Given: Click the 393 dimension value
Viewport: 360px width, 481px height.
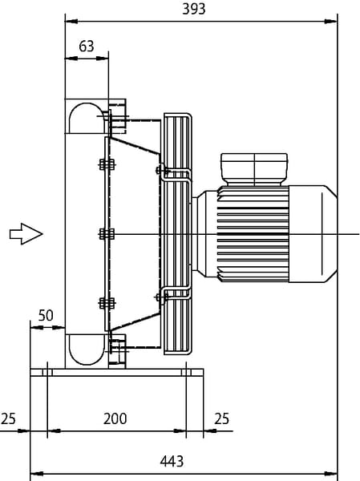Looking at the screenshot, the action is (x=194, y=9).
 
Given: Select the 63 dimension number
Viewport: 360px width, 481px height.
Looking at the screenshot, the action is (x=87, y=46).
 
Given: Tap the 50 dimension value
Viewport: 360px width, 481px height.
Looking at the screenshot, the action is (x=46, y=315).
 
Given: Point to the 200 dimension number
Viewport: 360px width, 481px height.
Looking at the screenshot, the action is (x=115, y=418).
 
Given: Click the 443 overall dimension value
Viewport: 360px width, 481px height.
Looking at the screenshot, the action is (x=172, y=461).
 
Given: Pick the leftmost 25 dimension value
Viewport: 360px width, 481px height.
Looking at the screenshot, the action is (x=8, y=418).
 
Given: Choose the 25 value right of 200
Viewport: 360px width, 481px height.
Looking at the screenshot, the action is (x=221, y=418).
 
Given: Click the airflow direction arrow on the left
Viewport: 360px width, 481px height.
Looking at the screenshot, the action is (x=26, y=234).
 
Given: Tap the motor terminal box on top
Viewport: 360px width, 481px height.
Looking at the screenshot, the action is (x=254, y=169).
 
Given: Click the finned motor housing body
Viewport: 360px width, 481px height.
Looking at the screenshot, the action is (x=253, y=234).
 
